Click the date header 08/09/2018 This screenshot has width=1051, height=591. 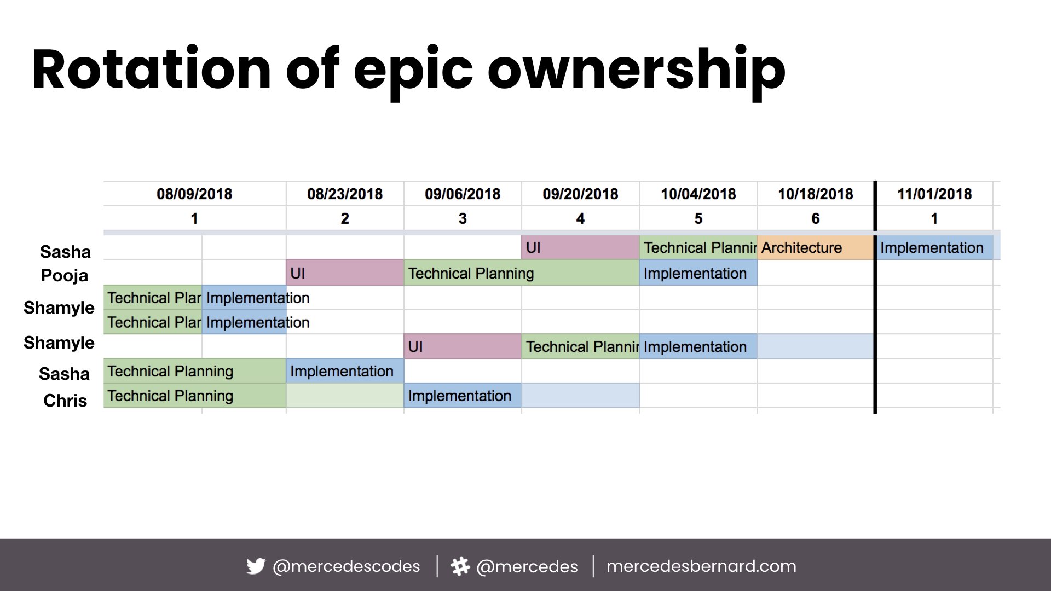click(194, 194)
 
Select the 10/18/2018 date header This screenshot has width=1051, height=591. click(816, 194)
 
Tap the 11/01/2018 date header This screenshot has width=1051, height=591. click(934, 194)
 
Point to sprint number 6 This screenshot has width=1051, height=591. click(816, 218)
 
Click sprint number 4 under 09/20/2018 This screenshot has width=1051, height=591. click(580, 218)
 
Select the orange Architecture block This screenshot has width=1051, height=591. click(816, 247)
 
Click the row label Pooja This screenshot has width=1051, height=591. click(65, 276)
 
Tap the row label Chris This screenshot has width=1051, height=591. click(65, 401)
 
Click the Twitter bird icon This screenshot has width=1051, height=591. click(256, 566)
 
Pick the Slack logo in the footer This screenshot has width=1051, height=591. click(460, 566)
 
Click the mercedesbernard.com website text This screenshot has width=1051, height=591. click(701, 566)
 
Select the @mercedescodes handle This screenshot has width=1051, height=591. click(346, 566)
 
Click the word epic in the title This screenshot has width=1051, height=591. click(413, 72)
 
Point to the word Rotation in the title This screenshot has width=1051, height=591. click(152, 69)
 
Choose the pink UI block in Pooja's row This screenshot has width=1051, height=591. click(345, 273)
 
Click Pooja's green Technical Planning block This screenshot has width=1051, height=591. click(522, 273)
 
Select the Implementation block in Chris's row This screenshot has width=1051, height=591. click(463, 395)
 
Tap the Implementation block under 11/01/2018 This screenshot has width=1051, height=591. click(934, 247)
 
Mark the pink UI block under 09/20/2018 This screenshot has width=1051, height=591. click(580, 247)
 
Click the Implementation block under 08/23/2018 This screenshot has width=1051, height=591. click(345, 371)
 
